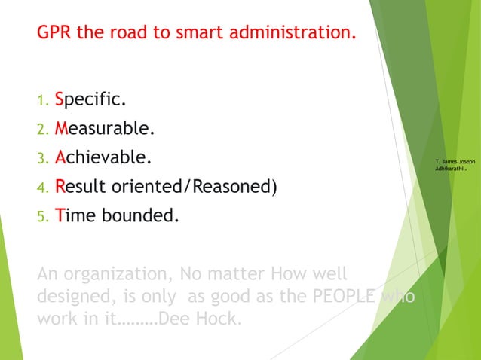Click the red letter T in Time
tap(60, 217)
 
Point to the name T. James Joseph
tap(455, 162)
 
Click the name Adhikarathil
tap(455, 170)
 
